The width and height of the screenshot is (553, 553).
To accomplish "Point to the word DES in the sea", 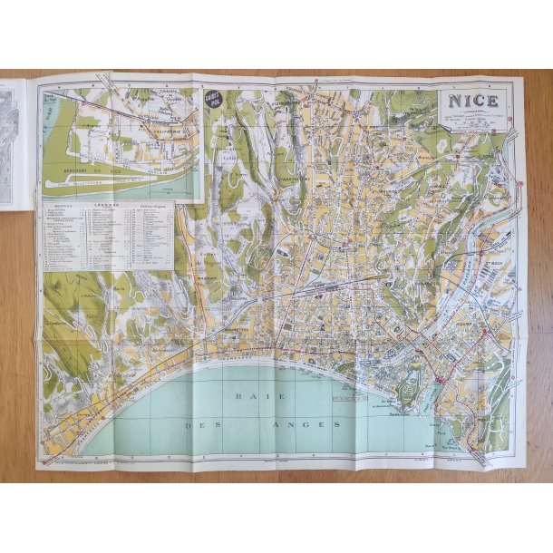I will pyautogui.click(x=198, y=424).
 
